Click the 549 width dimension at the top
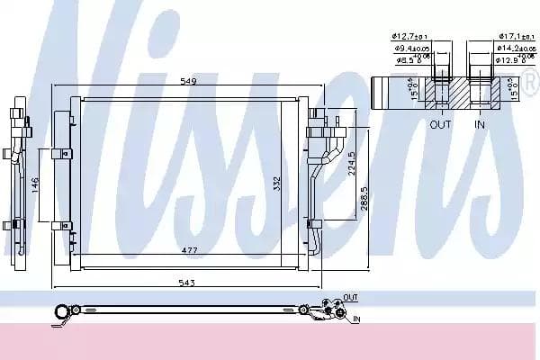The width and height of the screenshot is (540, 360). coord(187,82)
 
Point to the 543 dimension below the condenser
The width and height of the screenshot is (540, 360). coord(186,283)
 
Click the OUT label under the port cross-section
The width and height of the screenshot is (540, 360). coord(440,124)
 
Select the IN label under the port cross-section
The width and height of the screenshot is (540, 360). coord(480,124)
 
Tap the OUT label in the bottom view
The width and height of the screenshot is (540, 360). coord(350,296)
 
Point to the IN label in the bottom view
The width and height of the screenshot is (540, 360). coord(356,319)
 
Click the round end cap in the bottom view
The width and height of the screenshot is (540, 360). coord(61,312)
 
